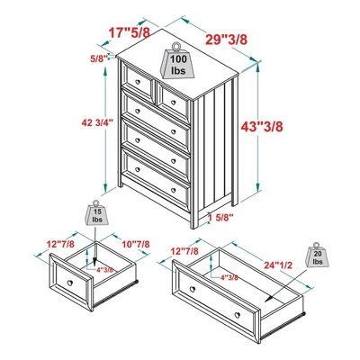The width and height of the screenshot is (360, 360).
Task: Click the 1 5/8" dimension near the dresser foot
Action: tap(220, 217)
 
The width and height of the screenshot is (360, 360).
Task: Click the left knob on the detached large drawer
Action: tap(190, 287)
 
